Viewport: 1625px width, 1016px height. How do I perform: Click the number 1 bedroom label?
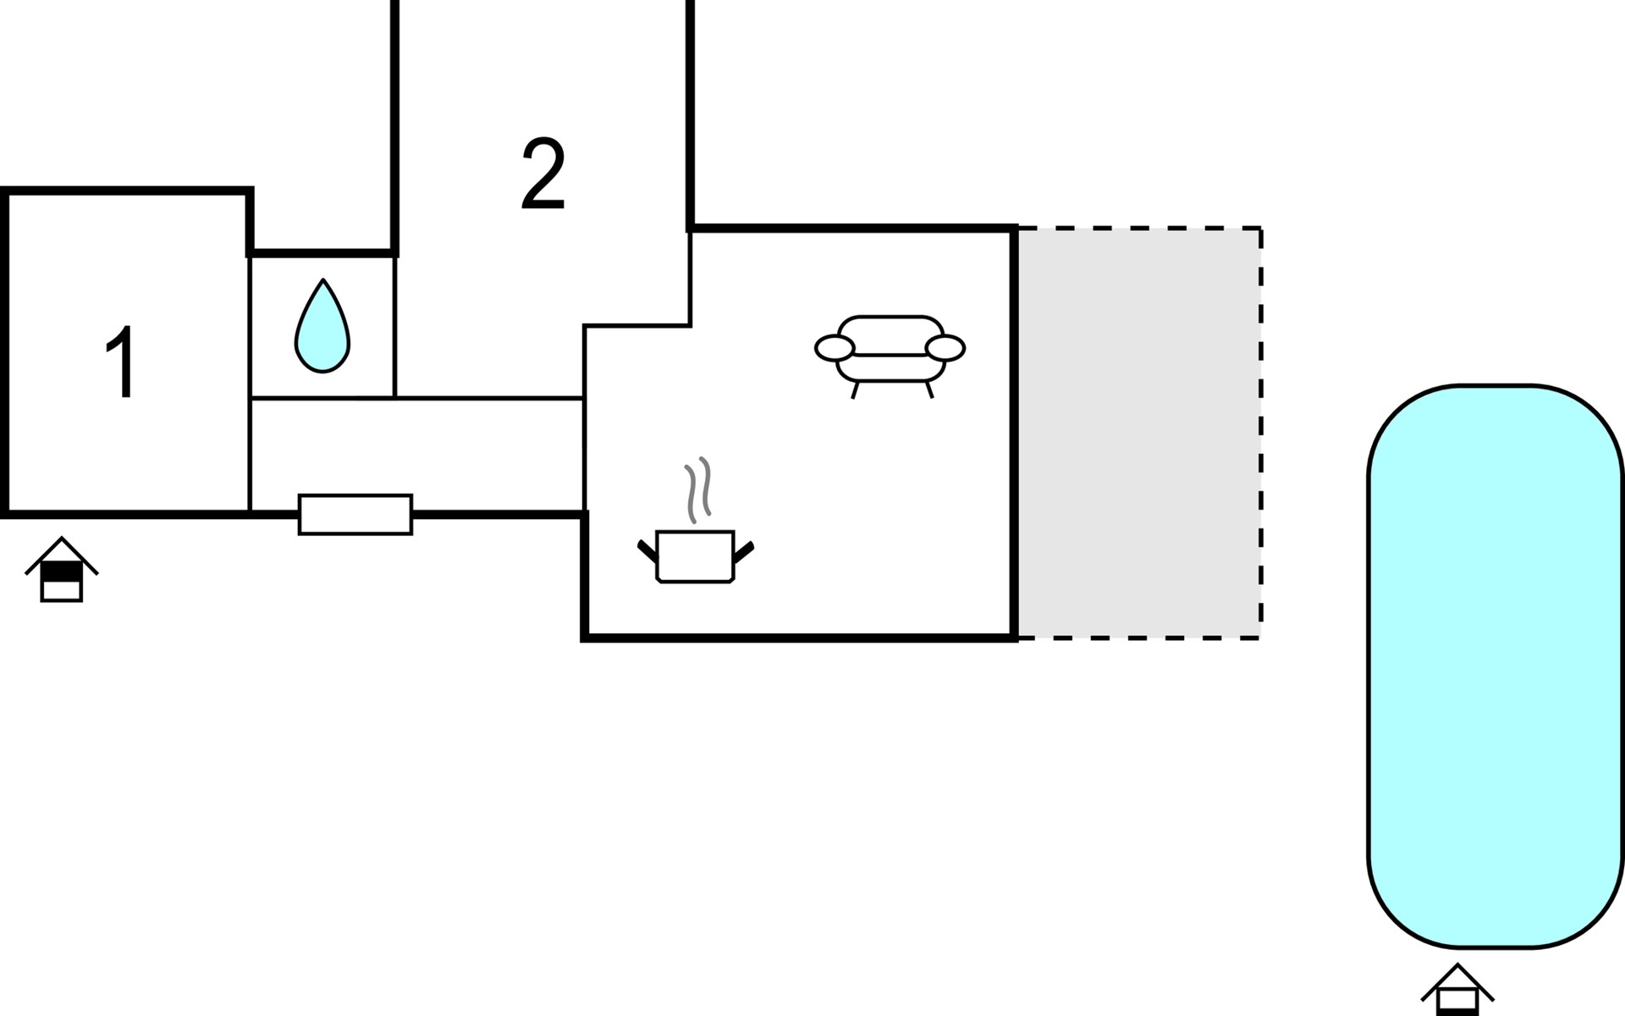click(x=121, y=362)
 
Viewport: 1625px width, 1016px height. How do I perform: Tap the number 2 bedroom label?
click(x=543, y=174)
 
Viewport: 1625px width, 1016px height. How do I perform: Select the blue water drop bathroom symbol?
click(x=322, y=326)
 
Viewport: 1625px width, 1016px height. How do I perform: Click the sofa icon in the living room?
click(x=890, y=356)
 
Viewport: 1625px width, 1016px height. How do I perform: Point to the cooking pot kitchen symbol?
click(x=695, y=556)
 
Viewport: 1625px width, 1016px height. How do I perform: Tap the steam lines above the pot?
click(x=698, y=490)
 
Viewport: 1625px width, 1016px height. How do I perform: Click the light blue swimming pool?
click(x=1496, y=666)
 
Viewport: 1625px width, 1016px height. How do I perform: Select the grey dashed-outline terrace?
click(x=1139, y=433)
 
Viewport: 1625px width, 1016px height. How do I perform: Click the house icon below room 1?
click(x=62, y=569)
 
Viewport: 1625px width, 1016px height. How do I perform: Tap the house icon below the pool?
click(x=1457, y=990)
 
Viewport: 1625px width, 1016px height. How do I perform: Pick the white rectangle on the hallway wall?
click(x=355, y=515)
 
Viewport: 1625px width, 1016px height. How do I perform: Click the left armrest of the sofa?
click(x=835, y=348)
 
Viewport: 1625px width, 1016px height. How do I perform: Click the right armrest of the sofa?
click(x=945, y=348)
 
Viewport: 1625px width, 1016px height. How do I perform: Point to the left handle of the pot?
click(x=647, y=551)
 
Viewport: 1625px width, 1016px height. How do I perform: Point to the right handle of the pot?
click(x=744, y=551)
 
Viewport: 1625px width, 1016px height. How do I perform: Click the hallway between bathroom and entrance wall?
click(x=417, y=455)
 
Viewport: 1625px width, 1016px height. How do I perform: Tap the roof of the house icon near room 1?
click(x=62, y=555)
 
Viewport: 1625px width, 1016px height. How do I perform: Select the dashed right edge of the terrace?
click(x=1261, y=433)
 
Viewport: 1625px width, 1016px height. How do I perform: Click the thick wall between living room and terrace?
click(x=1014, y=433)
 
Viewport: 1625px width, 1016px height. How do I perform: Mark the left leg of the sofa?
click(x=856, y=390)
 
